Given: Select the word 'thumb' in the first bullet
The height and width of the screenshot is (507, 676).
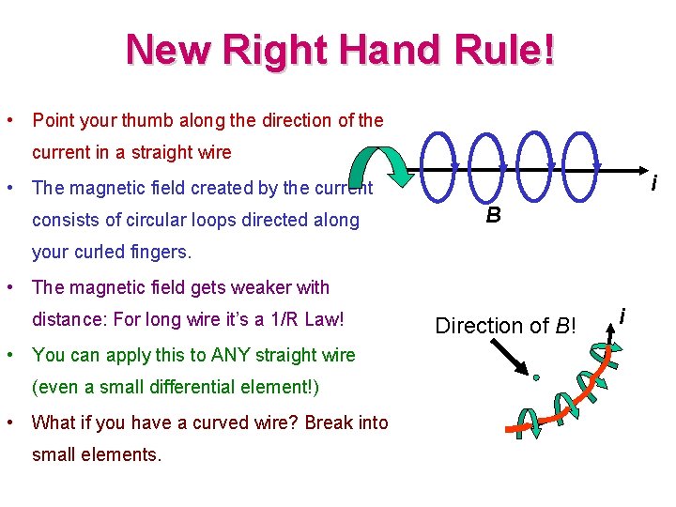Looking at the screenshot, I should click(x=128, y=120).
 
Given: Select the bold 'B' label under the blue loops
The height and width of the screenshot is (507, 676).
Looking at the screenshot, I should click(x=492, y=215).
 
